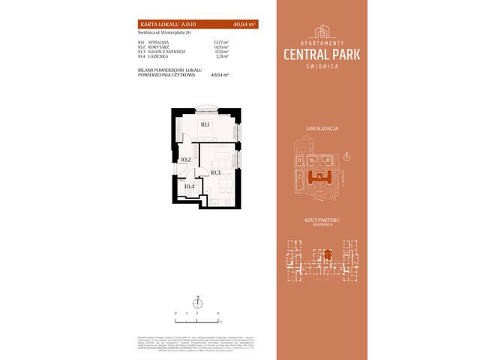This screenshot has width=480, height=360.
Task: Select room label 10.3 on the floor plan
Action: [215, 173]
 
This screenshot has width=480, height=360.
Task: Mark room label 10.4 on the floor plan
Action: [189, 187]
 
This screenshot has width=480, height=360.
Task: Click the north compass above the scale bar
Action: [197, 301]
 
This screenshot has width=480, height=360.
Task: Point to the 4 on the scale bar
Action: [217, 311]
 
